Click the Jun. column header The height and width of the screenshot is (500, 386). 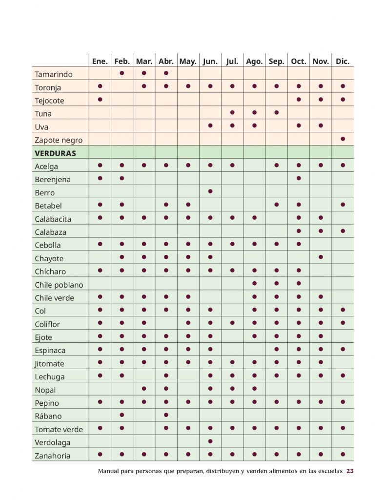[x=210, y=61]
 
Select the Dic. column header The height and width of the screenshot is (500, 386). [x=343, y=61]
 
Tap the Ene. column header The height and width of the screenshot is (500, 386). [x=100, y=61]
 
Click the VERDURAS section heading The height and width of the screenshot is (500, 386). [x=55, y=153]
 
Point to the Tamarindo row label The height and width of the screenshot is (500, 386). [x=54, y=74]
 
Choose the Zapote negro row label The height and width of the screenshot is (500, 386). [x=59, y=140]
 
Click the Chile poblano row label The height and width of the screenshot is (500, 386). [x=59, y=285]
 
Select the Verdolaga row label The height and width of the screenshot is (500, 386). [x=53, y=443]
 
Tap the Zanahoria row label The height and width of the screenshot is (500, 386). [x=53, y=456]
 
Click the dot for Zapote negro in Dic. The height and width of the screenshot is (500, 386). [x=343, y=139]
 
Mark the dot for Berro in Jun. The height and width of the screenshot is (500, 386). [x=210, y=191]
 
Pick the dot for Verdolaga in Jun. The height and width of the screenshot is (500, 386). [x=210, y=441]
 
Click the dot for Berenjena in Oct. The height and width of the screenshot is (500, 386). [x=299, y=178]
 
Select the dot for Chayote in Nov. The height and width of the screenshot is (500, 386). [x=321, y=257]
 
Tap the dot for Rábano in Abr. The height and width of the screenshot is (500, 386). [x=166, y=415]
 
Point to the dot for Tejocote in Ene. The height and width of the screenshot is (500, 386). [x=100, y=99]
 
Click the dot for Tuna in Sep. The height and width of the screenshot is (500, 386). [x=276, y=112]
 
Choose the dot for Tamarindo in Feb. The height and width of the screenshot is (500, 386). [x=122, y=73]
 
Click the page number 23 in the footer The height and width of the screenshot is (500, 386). [x=350, y=471]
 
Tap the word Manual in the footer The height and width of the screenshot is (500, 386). [x=109, y=471]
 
